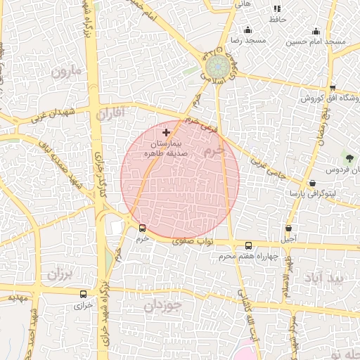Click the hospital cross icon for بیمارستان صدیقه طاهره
tap(166, 132)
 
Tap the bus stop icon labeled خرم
tap(143, 228)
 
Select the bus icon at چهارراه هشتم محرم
tap(249, 245)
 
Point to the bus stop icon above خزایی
tap(84, 295)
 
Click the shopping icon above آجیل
tap(289, 229)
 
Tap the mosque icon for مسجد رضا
tap(247, 30)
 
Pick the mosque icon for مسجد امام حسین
tap(316, 31)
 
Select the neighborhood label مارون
tap(67, 72)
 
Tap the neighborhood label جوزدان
tap(163, 306)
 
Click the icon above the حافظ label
tap(277, 8)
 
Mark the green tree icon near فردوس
tap(349, 155)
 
